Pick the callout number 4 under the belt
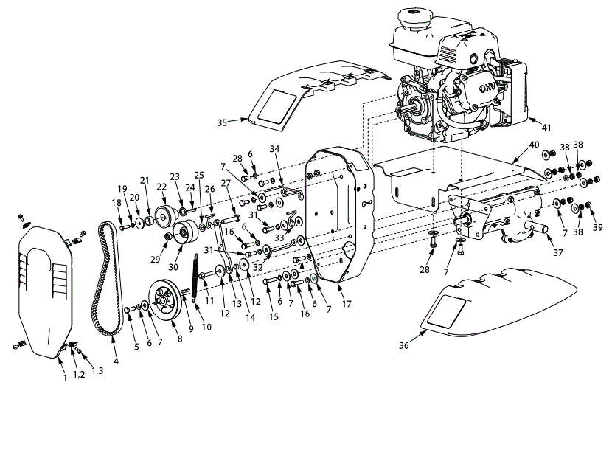[116, 361]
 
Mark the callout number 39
[598, 228]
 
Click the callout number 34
[274, 148]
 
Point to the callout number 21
[144, 180]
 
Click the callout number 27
[226, 183]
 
